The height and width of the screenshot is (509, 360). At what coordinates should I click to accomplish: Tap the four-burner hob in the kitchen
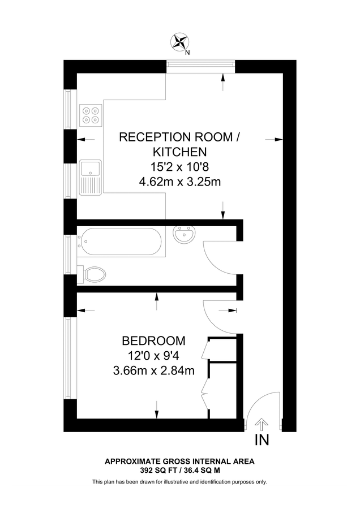pyautogui.click(x=91, y=114)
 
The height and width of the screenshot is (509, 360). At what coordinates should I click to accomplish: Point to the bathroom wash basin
pyautogui.click(x=184, y=235)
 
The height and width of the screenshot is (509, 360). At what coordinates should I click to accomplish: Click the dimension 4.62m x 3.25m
pyautogui.click(x=179, y=182)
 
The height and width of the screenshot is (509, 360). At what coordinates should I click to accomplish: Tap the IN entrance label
pyautogui.click(x=262, y=440)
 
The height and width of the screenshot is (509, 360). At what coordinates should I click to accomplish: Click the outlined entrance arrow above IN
pyautogui.click(x=262, y=424)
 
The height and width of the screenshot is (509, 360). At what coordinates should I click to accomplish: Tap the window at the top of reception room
pyautogui.click(x=200, y=67)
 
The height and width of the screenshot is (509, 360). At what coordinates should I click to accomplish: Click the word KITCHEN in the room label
pyautogui.click(x=179, y=152)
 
